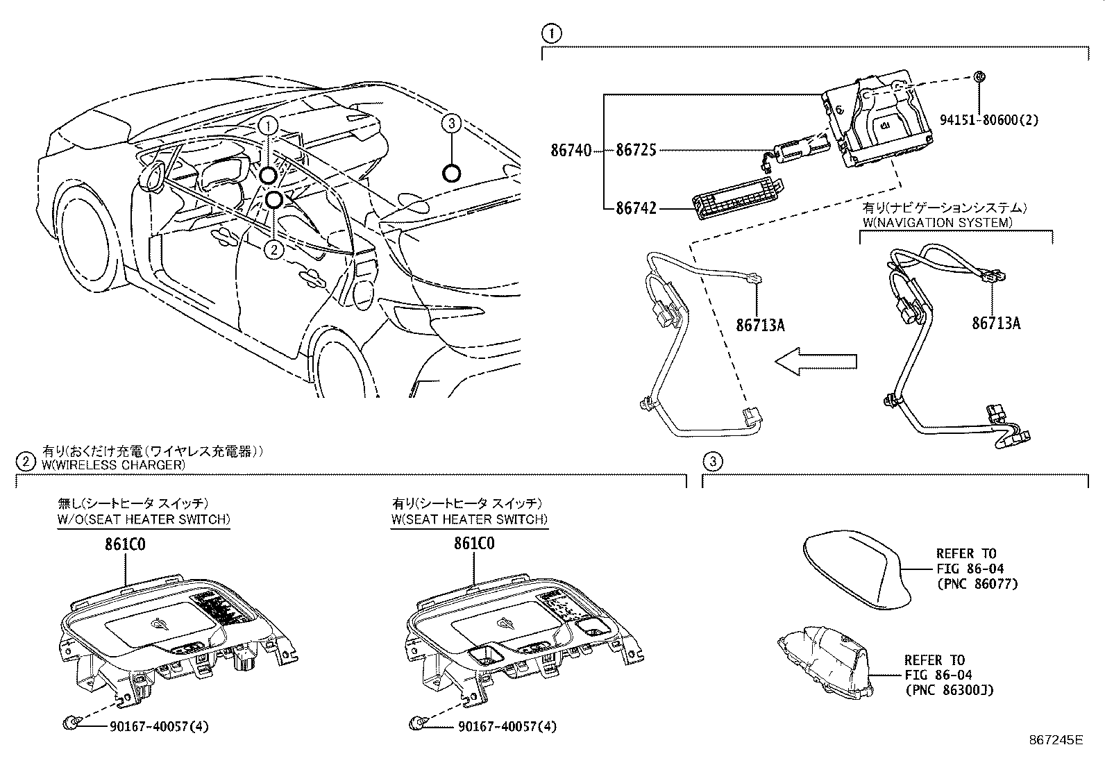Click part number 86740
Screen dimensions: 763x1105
571,150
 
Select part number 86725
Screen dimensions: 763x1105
635,150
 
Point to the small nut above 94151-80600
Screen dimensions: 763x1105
979,77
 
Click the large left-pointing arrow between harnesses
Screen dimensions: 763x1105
815,361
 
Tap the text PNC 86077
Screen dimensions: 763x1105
977,585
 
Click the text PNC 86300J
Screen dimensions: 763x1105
949,690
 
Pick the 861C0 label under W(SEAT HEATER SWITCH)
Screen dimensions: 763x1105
474,544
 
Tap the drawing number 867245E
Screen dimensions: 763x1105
1055,740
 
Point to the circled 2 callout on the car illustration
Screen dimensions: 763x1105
275,249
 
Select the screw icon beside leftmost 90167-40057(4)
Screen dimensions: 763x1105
69,725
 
